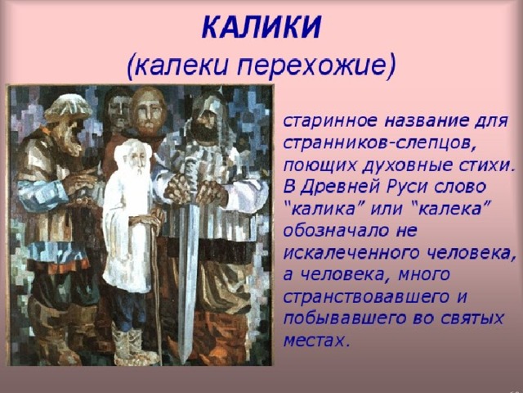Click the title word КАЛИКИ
(261, 27)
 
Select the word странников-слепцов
(378, 143)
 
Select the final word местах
(316, 341)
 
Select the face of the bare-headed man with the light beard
(148, 112)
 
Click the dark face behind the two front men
(119, 109)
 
